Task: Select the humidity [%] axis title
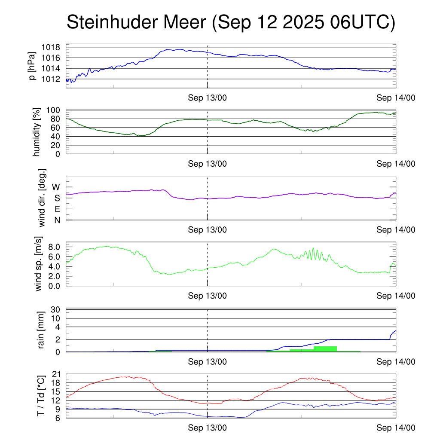click(x=37, y=132)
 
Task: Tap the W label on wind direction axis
click(x=56, y=187)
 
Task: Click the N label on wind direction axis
click(x=57, y=220)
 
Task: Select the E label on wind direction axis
click(x=57, y=209)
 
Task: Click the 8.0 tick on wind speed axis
click(x=54, y=247)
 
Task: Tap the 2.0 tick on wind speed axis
click(x=54, y=276)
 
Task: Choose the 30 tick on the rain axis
click(x=56, y=310)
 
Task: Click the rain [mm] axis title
click(x=40, y=330)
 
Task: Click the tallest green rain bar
click(x=325, y=349)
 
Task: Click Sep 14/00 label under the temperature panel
click(x=396, y=428)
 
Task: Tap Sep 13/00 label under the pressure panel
click(x=208, y=98)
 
